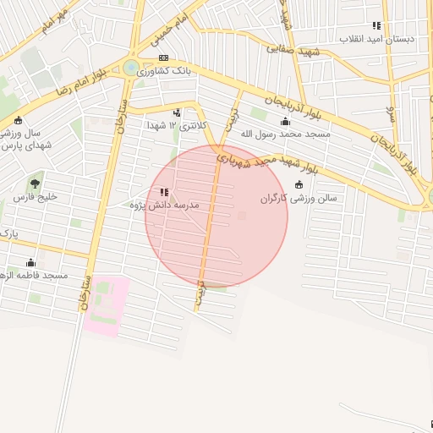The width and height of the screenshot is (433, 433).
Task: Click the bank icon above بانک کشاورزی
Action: pyautogui.click(x=163, y=58)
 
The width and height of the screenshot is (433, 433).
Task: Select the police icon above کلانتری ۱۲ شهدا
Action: pyautogui.click(x=177, y=112)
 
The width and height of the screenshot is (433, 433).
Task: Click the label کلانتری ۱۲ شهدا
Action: pyautogui.click(x=176, y=125)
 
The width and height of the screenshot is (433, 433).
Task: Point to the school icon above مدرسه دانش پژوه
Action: pyautogui.click(x=164, y=193)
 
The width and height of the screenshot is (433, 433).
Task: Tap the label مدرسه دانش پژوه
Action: pyautogui.click(x=164, y=206)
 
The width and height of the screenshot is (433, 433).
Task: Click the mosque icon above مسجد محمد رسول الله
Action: pyautogui.click(x=285, y=121)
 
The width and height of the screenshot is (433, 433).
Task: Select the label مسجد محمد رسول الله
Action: pyautogui.click(x=285, y=134)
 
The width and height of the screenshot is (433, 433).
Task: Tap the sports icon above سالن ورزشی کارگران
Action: pyautogui.click(x=299, y=185)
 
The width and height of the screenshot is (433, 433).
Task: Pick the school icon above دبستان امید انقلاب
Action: pyautogui.click(x=376, y=26)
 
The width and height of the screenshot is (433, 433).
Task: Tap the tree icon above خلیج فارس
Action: pyautogui.click(x=35, y=183)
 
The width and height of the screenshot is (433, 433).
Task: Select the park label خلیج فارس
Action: pyautogui.click(x=35, y=196)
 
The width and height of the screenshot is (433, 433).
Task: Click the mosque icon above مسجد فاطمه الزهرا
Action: pyautogui.click(x=31, y=262)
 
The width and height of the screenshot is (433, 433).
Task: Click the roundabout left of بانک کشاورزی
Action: pyautogui.click(x=131, y=68)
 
